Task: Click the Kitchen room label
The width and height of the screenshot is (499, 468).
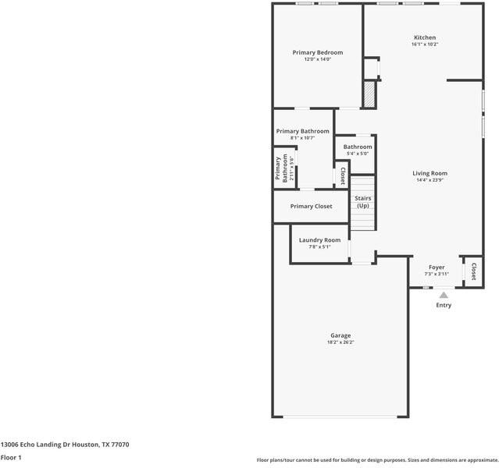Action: (425, 37)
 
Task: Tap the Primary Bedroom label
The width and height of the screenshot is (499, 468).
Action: (317, 52)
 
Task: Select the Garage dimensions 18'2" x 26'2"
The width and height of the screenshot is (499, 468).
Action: (340, 342)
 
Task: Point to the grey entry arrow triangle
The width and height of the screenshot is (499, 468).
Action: (444, 295)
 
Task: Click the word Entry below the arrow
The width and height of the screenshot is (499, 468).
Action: (444, 305)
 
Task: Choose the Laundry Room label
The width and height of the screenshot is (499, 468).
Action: (319, 239)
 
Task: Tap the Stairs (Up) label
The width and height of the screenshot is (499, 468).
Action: (363, 201)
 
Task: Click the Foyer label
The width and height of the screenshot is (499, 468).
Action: (436, 267)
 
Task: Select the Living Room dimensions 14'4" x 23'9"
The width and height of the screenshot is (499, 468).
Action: (430, 180)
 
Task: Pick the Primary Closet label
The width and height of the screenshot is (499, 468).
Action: (311, 206)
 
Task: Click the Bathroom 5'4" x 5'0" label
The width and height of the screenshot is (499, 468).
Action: (358, 147)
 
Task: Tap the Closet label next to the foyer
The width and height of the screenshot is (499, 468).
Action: (473, 270)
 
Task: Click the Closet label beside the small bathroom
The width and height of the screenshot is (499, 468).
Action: (342, 175)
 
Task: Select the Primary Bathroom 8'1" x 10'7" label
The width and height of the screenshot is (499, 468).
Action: (302, 131)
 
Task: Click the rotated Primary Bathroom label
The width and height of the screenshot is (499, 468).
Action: (280, 168)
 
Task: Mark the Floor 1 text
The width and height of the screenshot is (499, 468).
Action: (11, 457)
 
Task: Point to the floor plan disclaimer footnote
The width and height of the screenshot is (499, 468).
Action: (377, 460)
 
